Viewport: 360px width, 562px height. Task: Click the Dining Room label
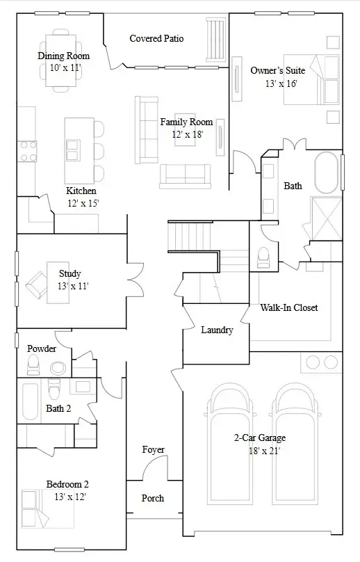click(63, 56)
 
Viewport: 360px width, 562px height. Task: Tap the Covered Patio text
click(156, 38)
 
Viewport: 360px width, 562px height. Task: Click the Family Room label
click(186, 122)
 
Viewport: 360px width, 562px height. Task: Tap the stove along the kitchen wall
click(26, 151)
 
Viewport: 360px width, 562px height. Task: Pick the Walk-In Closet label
click(288, 307)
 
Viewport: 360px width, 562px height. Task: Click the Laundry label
click(216, 330)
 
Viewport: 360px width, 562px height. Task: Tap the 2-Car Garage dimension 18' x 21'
click(259, 451)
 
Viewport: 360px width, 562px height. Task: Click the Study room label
click(69, 273)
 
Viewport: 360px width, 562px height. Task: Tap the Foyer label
click(153, 450)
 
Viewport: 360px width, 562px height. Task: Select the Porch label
click(153, 498)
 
